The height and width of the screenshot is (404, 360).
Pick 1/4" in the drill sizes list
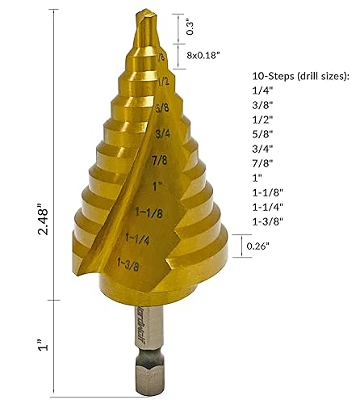tap(251, 93)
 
